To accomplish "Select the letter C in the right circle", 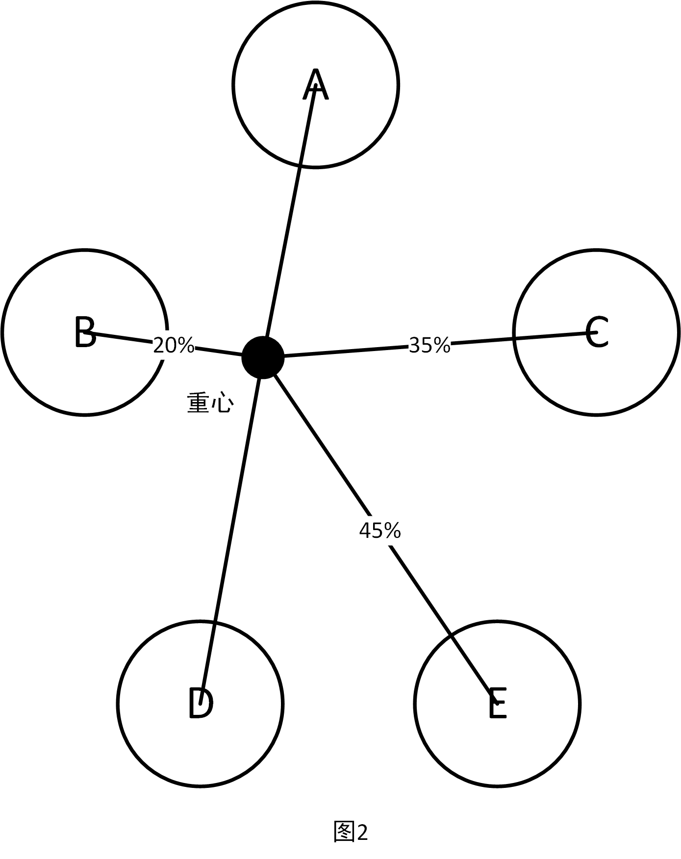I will pyautogui.click(x=597, y=332).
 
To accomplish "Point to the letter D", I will pyautogui.click(x=200, y=703).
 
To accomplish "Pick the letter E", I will pyautogui.click(x=497, y=703).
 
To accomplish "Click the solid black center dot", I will pyautogui.click(x=263, y=357).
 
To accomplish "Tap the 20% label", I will pyautogui.click(x=174, y=345).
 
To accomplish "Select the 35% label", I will pyautogui.click(x=429, y=345).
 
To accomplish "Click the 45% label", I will pyautogui.click(x=380, y=530).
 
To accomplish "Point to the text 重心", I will pyautogui.click(x=210, y=404).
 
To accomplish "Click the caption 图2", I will pyautogui.click(x=351, y=832).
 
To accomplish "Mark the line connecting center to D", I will pyautogui.click(x=230, y=530).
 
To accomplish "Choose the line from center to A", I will pyautogui.click(x=289, y=221).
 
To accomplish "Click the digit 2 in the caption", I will pyautogui.click(x=362, y=832).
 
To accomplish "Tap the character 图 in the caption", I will pyautogui.click(x=344, y=832).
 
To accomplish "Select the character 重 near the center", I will pyautogui.click(x=199, y=404).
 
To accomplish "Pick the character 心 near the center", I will pyautogui.click(x=222, y=404).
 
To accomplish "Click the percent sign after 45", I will pyautogui.click(x=392, y=530).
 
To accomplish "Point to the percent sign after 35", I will pyautogui.click(x=441, y=345).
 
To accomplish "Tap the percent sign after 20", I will pyautogui.click(x=186, y=345).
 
